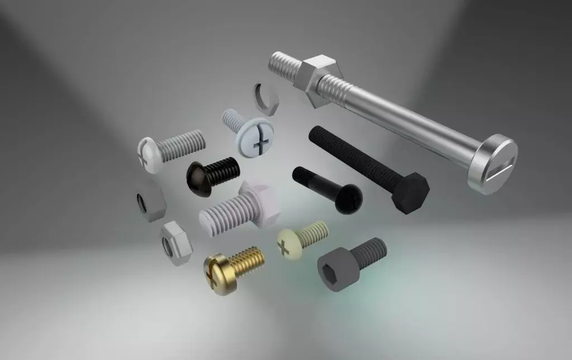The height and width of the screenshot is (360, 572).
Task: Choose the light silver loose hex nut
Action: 177,243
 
